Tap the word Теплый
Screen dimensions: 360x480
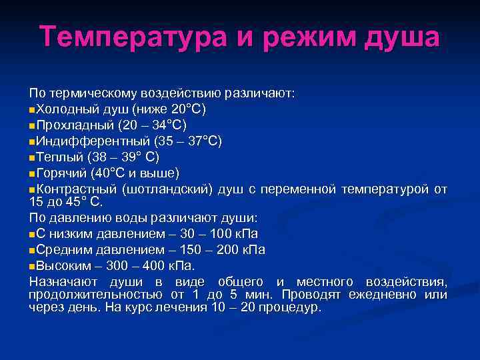(x=60, y=157)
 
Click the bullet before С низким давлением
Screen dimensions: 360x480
(x=33, y=234)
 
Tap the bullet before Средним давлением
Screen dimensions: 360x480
(x=33, y=250)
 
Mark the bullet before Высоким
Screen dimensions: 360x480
(x=33, y=266)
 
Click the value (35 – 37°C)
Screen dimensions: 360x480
(x=188, y=141)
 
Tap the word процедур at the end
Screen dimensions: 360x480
(x=289, y=307)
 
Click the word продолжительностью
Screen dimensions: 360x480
(x=92, y=294)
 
